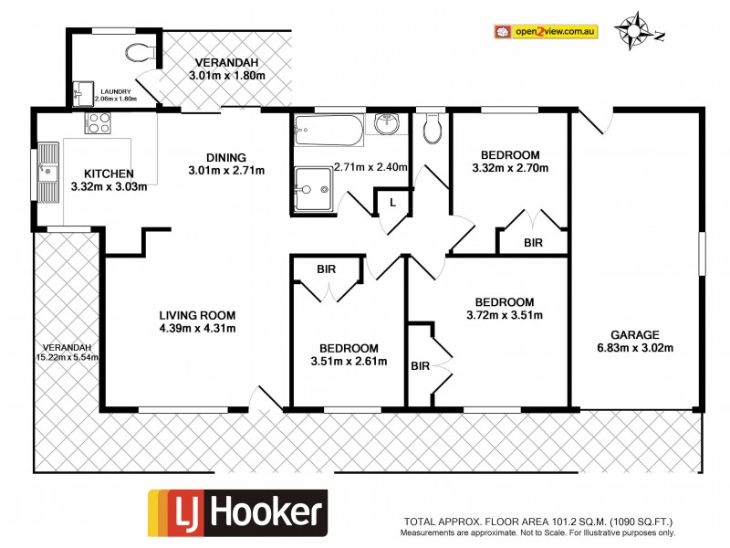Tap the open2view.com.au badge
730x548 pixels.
coord(546,32)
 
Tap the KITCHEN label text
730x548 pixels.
coord(109,174)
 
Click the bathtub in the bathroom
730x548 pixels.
coord(329,132)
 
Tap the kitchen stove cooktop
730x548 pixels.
coord(98,122)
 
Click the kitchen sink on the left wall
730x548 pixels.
coord(47,172)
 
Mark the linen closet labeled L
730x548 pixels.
coord(393,200)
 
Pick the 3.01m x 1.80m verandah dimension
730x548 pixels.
coord(227,75)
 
